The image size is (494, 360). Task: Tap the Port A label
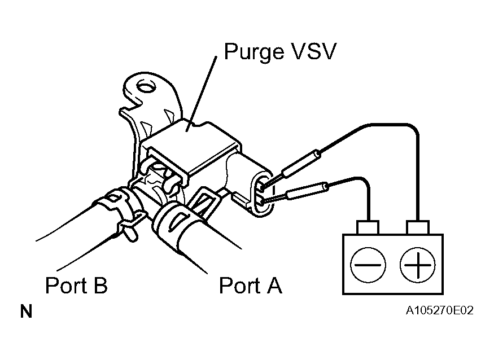point(250,286)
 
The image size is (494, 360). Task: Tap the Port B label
point(76,286)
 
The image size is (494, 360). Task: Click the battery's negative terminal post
point(368,227)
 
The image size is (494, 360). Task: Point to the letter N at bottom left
point(26,311)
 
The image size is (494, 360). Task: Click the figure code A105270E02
point(439,311)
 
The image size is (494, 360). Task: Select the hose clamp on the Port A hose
point(172,222)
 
